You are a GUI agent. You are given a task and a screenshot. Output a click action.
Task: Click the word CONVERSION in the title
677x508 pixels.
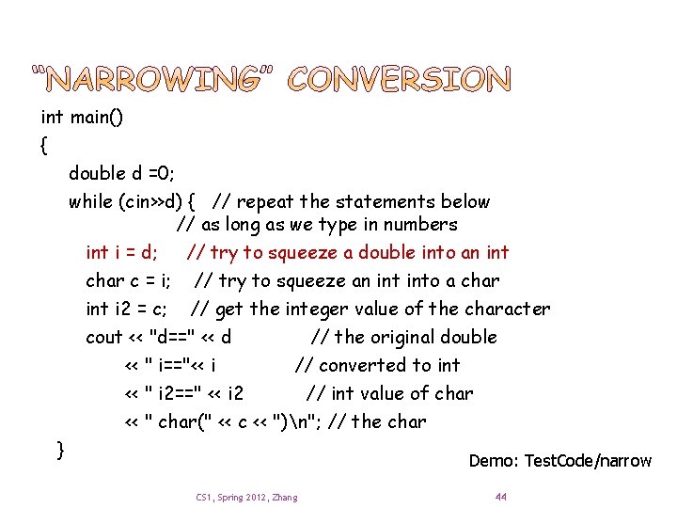[x=400, y=82]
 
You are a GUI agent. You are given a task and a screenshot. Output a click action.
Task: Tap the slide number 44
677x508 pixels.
[x=500, y=496]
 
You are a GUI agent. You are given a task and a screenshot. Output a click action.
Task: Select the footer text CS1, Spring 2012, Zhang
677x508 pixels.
[x=246, y=497]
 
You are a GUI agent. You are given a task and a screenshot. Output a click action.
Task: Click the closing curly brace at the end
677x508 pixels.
[x=60, y=449]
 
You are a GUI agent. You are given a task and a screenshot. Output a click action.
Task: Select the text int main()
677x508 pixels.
[x=82, y=118]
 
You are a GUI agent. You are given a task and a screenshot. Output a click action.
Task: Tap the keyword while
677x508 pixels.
[x=91, y=201]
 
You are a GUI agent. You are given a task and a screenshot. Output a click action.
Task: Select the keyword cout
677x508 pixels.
[x=104, y=337]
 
